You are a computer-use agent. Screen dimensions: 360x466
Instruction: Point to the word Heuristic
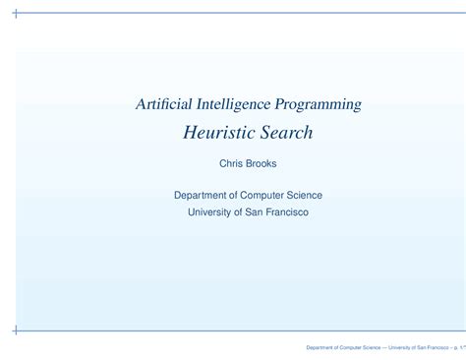(x=218, y=132)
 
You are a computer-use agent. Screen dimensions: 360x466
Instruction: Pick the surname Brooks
(x=261, y=164)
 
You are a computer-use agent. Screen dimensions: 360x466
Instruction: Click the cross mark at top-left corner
(x=14, y=15)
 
